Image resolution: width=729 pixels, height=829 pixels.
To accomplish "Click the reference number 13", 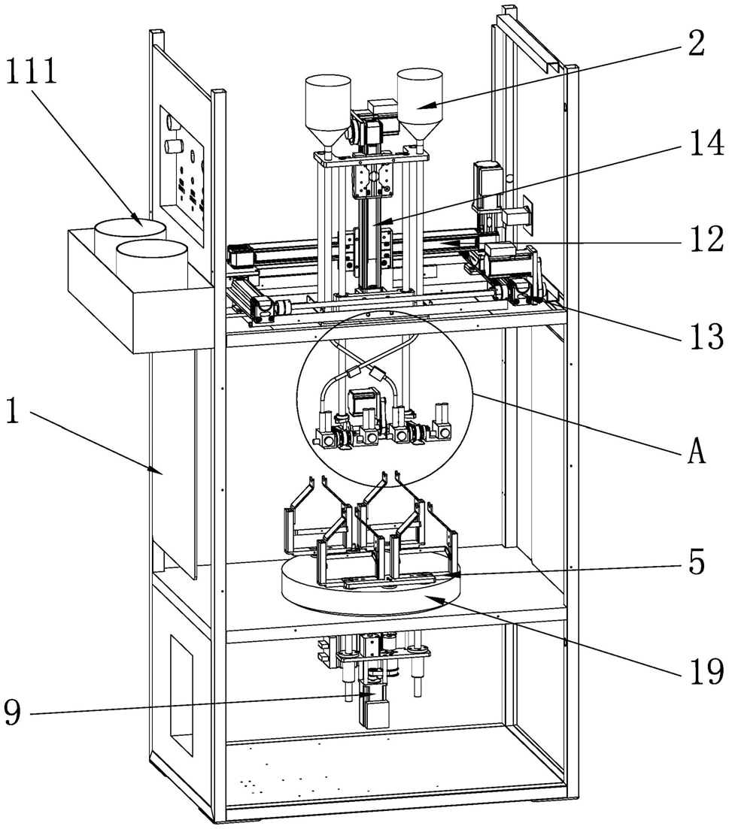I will coord(702,331).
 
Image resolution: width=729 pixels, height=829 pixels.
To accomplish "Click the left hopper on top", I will coord(327,105).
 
